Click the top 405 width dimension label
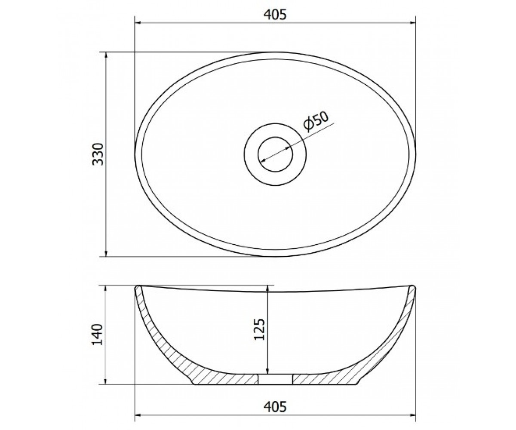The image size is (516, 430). pos(275,15)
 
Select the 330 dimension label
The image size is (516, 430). pos(97,154)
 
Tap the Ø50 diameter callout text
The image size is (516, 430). pos(316,121)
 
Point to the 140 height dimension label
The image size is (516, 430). pos(97,335)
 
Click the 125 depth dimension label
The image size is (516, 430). pos(259,329)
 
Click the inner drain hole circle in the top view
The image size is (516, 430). pos(275,137)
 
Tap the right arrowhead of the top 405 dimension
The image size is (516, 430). pos(412,23)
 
